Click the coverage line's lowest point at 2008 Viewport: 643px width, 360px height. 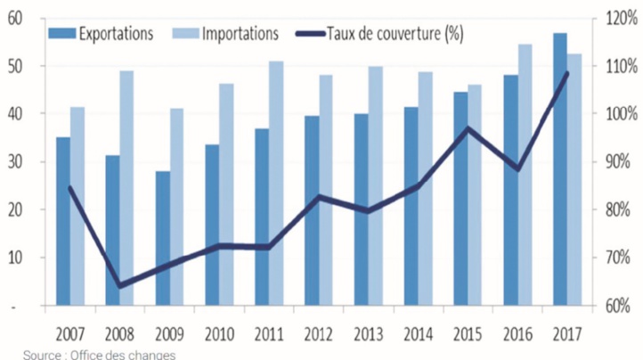click(x=119, y=285)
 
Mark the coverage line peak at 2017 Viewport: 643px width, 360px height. click(x=567, y=73)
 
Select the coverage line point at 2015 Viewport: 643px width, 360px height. click(x=468, y=128)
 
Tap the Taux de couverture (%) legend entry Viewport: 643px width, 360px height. click(x=383, y=33)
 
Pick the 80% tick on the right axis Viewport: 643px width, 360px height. click(x=616, y=210)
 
